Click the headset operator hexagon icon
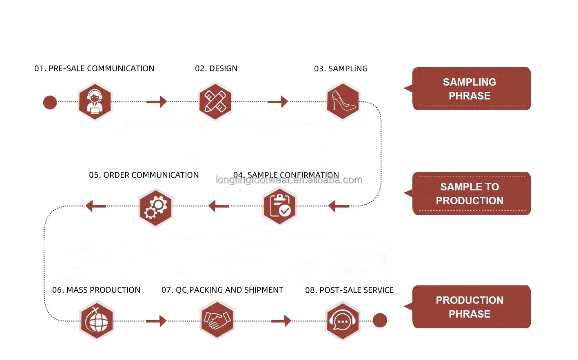click(95, 101)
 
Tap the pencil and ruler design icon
click(215, 101)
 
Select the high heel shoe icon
click(343, 101)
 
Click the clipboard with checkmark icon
click(279, 206)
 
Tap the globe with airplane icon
click(97, 320)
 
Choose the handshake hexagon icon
click(217, 320)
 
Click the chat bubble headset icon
click(343, 321)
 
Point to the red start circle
click(50, 102)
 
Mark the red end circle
click(380, 320)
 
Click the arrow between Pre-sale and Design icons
click(157, 102)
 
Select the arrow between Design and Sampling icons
click(278, 102)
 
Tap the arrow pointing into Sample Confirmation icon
click(339, 206)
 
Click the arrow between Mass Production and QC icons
click(156, 321)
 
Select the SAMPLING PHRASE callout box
click(471, 89)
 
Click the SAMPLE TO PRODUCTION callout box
click(471, 194)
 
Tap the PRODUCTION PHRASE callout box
click(471, 307)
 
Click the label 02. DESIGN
click(216, 68)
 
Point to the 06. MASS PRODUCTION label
click(96, 290)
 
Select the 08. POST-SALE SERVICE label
click(349, 290)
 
